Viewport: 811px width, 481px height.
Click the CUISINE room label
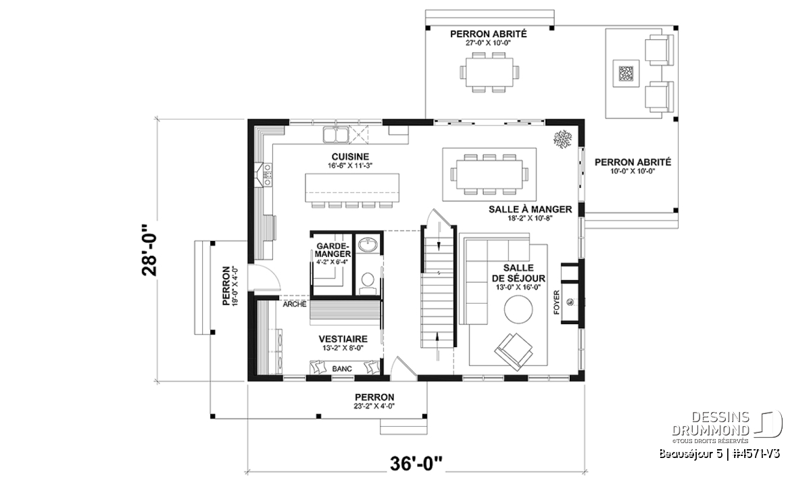350,156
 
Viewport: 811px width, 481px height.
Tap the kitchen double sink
336,135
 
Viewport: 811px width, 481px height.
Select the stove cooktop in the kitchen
268,175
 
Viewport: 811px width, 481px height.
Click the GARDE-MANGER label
333,250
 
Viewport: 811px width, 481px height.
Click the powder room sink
368,245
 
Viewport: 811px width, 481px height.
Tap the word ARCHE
295,304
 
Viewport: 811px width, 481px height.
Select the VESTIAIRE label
343,339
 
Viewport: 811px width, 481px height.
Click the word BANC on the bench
342,369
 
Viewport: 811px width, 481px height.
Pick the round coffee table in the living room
518,309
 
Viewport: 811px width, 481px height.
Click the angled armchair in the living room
514,352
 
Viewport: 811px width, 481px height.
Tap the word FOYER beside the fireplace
556,302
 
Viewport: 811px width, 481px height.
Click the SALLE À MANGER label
530,209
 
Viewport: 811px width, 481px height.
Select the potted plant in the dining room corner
562,139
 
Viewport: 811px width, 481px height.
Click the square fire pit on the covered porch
626,74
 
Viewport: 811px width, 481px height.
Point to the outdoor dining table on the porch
489,72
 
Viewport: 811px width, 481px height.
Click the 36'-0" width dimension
416,463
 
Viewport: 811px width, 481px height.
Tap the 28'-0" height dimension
149,250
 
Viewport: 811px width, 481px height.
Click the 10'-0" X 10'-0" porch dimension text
633,171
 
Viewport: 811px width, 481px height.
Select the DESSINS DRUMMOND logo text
710,423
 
